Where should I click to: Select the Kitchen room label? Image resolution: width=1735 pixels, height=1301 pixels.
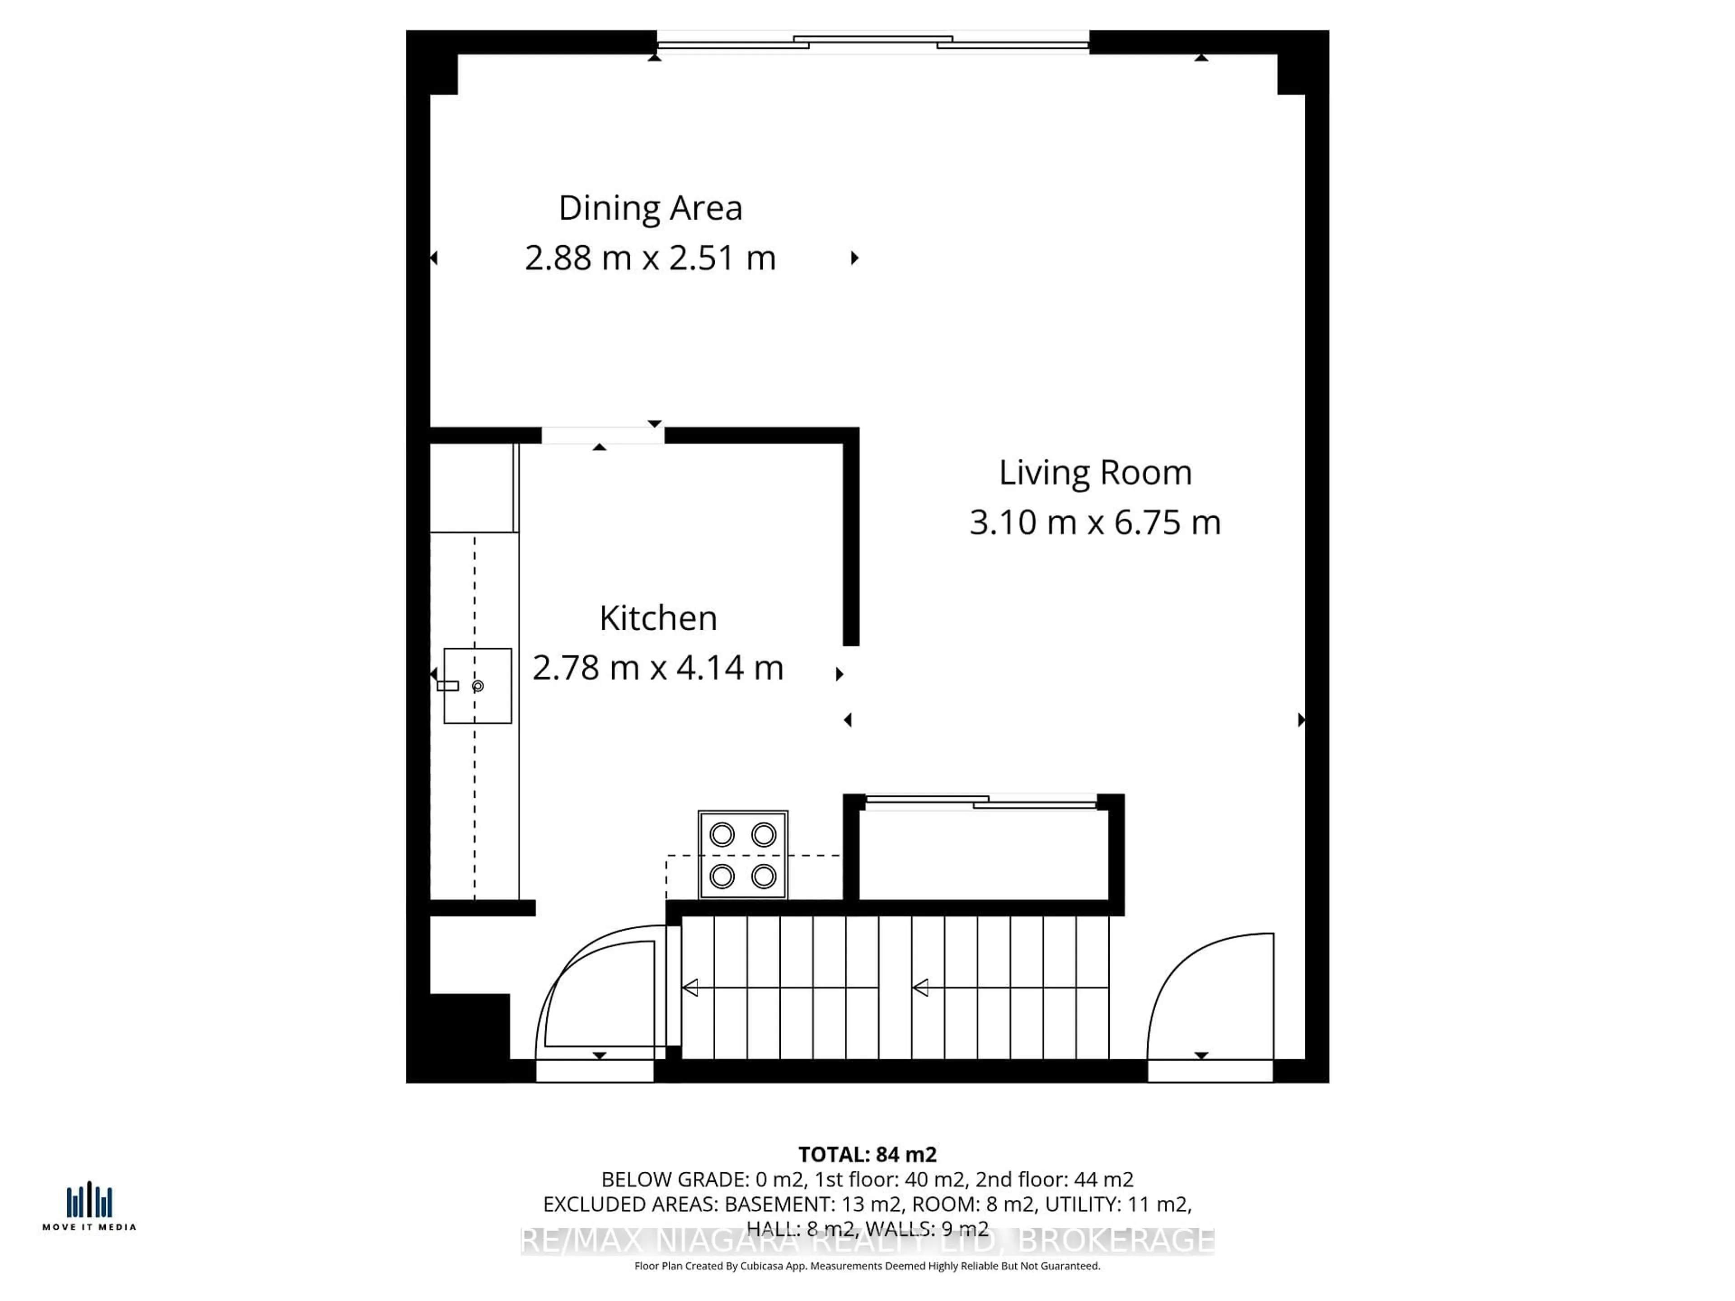pyautogui.click(x=658, y=618)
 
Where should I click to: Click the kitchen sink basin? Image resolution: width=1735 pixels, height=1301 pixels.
pyautogui.click(x=478, y=685)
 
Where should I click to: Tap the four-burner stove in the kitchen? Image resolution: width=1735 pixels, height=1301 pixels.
pyautogui.click(x=743, y=855)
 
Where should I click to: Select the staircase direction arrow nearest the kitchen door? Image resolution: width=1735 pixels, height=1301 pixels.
pyautogui.click(x=691, y=988)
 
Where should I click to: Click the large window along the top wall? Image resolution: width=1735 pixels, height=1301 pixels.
pyautogui.click(x=872, y=42)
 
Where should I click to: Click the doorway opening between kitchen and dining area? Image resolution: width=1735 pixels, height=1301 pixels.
pyautogui.click(x=602, y=435)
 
